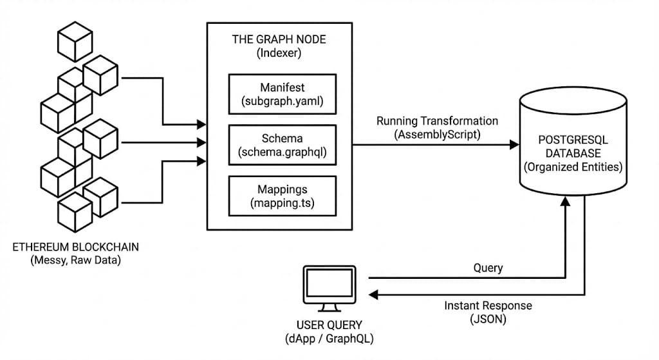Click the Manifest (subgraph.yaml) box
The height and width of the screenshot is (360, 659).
[283, 94]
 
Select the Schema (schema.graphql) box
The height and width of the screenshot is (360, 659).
[283, 146]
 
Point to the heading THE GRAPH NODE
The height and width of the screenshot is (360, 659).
[279, 39]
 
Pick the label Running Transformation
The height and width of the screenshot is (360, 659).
[437, 121]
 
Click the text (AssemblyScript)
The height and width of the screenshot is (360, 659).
[437, 135]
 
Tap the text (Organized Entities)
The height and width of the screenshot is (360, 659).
[573, 167]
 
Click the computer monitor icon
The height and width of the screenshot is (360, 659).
[328, 286]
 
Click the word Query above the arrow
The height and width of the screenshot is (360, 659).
[488, 267]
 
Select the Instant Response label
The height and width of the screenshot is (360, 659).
[488, 305]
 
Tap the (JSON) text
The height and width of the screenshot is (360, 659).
[488, 318]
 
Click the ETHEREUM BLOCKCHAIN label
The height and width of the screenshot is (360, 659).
[76, 247]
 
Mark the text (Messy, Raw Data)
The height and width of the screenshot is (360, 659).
[76, 260]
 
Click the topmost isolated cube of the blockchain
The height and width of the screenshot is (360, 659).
[75, 41]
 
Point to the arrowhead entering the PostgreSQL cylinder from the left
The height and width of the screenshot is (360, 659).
[514, 145]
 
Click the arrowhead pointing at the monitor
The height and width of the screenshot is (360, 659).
[373, 294]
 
